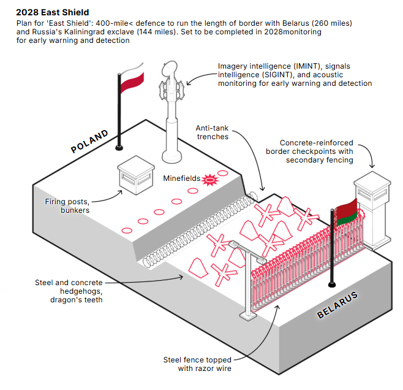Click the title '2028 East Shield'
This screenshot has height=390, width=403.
coord(53,12)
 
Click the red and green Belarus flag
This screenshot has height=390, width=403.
coord(347,213)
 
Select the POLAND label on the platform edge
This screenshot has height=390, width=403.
coord(89,141)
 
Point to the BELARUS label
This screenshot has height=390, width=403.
coord(337,305)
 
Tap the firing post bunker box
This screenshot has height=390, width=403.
coord(136,175)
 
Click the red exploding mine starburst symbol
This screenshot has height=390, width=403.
coord(210,180)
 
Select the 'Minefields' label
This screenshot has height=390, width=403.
coord(182,178)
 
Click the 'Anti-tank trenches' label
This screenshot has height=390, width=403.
coord(213,132)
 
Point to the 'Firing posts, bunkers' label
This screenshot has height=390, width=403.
coord(67,206)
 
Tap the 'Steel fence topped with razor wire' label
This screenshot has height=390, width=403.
coord(197,364)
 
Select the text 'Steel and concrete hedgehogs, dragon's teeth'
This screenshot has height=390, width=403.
coord(69,291)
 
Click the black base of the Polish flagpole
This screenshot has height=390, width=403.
coord(119,148)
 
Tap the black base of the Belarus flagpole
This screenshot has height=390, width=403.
coord(332,285)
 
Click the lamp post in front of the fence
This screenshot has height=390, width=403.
coord(249,280)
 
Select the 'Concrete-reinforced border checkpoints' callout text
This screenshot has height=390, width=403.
coord(309,151)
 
